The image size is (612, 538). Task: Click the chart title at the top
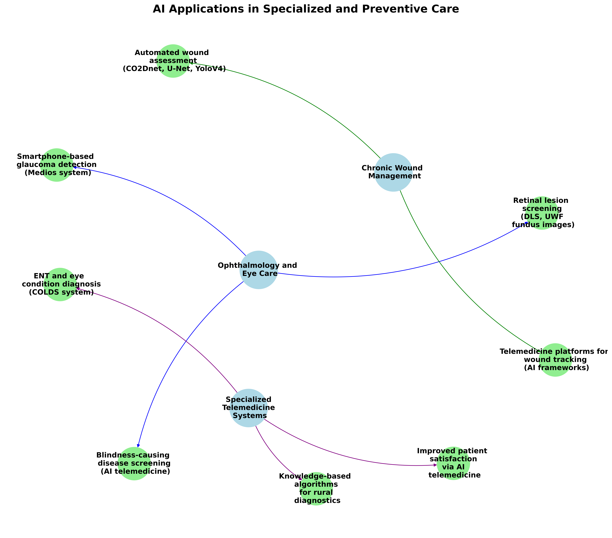[306, 9]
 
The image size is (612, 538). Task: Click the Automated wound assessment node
[173, 61]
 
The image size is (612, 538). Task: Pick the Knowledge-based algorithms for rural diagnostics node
[316, 489]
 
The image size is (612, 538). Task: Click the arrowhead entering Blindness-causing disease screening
[138, 445]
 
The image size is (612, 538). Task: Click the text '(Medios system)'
[58, 173]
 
